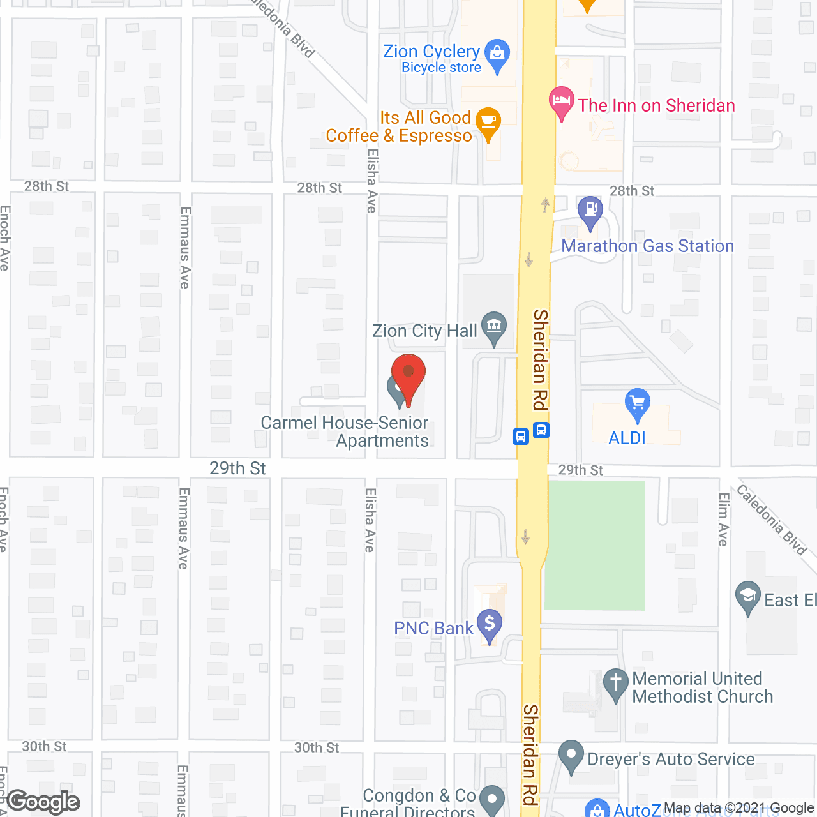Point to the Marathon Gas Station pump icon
[x=590, y=211]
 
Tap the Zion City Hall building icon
[x=493, y=327]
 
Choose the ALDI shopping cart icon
[x=637, y=403]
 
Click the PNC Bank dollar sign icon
[x=490, y=624]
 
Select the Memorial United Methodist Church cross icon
[x=616, y=683]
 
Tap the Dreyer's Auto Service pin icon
[x=571, y=756]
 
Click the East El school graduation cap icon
[x=747, y=597]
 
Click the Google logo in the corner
[x=43, y=802]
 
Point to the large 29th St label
[x=237, y=468]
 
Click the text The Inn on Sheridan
[x=657, y=105]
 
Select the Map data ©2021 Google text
[x=738, y=808]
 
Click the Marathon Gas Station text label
[x=647, y=246]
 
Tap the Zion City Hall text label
[x=424, y=331]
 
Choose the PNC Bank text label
[x=433, y=629]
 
